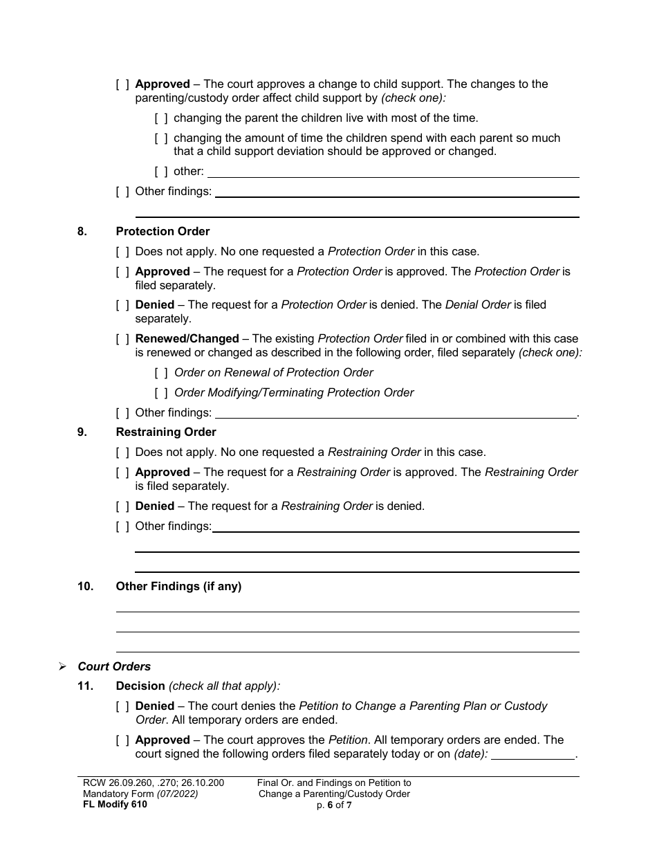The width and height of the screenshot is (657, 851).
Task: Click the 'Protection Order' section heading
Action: point(163,232)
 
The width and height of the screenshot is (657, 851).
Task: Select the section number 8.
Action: point(82,232)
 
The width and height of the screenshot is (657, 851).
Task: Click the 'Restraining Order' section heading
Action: point(166,432)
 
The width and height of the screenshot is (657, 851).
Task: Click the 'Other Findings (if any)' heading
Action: point(178,587)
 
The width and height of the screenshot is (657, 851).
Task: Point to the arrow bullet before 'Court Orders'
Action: point(62,667)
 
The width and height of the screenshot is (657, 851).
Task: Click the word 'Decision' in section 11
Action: point(140,686)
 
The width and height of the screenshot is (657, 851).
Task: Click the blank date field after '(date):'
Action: point(533,754)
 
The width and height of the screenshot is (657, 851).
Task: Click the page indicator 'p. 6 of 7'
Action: point(334,805)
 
